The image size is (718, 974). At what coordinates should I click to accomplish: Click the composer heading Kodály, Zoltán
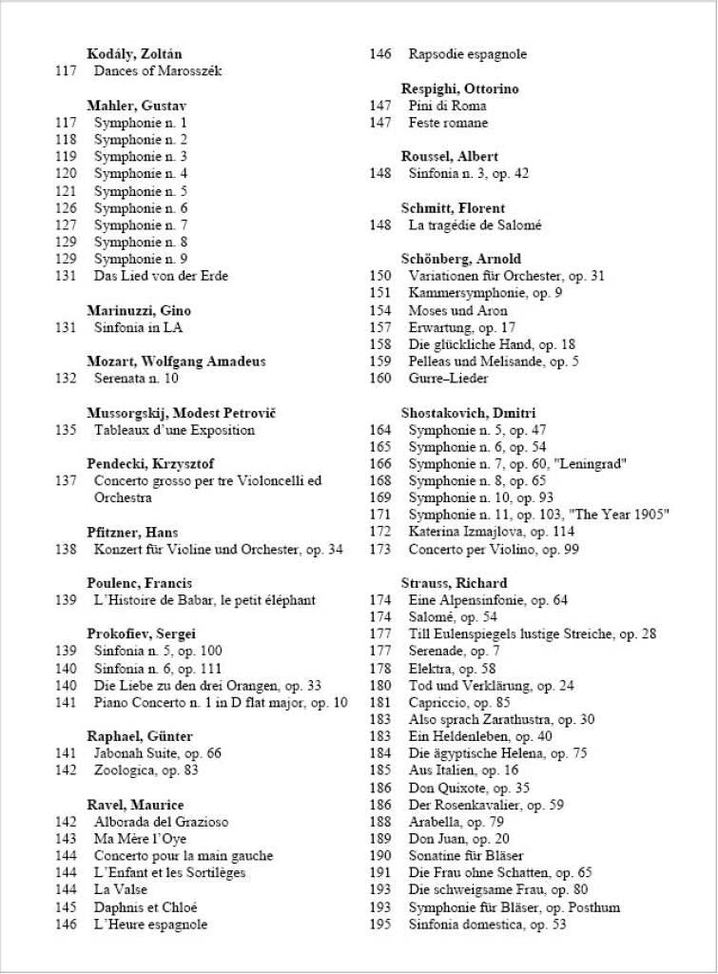click(x=134, y=54)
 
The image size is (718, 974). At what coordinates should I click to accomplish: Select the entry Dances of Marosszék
click(x=158, y=71)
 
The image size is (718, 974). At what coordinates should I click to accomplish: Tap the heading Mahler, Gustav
click(x=136, y=106)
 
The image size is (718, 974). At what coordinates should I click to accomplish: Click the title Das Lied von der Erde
click(x=161, y=276)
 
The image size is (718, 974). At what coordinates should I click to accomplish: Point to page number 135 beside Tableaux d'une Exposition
click(x=66, y=430)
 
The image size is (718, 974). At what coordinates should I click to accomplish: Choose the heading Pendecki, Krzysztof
click(x=149, y=464)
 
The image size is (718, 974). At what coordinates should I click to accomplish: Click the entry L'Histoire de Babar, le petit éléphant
click(x=204, y=600)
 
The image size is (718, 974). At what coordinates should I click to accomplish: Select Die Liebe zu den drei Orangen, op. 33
click(x=207, y=685)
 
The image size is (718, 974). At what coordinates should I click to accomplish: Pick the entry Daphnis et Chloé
click(x=146, y=906)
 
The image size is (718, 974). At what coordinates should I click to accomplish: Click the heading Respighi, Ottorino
click(x=460, y=88)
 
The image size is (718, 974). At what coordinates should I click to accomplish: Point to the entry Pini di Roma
click(x=447, y=106)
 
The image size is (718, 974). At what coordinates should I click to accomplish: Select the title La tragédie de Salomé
click(x=475, y=225)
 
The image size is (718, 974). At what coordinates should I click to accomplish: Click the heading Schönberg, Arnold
click(x=461, y=259)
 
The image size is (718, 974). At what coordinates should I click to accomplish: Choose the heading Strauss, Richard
click(x=454, y=583)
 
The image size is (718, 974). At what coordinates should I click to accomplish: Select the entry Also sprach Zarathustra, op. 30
click(x=501, y=719)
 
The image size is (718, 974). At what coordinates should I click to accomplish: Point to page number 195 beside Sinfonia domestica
click(x=380, y=924)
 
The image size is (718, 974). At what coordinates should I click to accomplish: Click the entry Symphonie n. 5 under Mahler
click(x=141, y=191)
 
